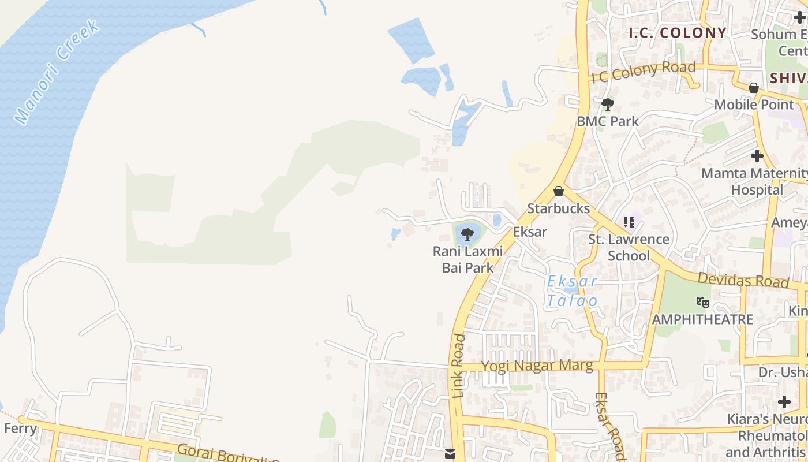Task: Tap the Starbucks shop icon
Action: coord(559,191)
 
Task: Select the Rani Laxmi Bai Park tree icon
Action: coord(467,234)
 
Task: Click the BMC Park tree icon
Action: coord(607,105)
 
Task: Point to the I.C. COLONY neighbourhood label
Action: coord(677,33)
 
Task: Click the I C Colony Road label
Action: coord(644,72)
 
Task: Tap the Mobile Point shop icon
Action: coord(754,88)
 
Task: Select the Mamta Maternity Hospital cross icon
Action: coord(757,156)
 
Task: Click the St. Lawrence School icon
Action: coord(629,222)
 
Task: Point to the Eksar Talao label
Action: coord(572,291)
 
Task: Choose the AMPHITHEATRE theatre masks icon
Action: coord(702,302)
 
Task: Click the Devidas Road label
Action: coord(743,280)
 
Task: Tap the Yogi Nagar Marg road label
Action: coord(537,366)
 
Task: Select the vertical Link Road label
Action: coord(458,366)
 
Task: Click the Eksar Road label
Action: coord(609,426)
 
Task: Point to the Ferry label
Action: coord(20,429)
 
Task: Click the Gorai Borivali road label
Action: coord(228,453)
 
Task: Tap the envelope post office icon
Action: coord(451,453)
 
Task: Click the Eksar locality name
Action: coord(530,232)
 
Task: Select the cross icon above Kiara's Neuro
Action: coord(784,401)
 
